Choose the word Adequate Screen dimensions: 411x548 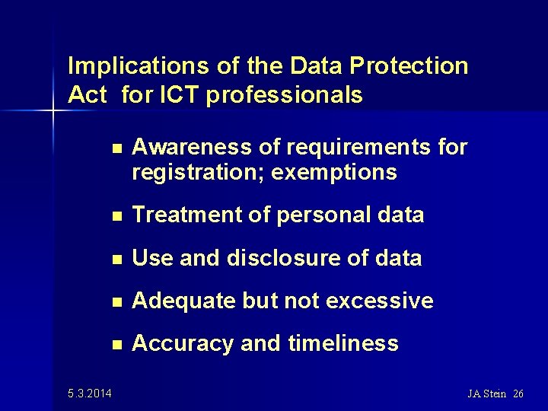pyautogui.click(x=183, y=301)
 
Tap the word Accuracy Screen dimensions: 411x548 pyautogui.click(x=183, y=343)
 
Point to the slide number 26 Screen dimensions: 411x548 pyautogui.click(x=518, y=393)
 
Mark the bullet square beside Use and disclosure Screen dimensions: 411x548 pyautogui.click(x=115, y=259)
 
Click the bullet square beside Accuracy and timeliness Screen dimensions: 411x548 pyautogui.click(x=115, y=344)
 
